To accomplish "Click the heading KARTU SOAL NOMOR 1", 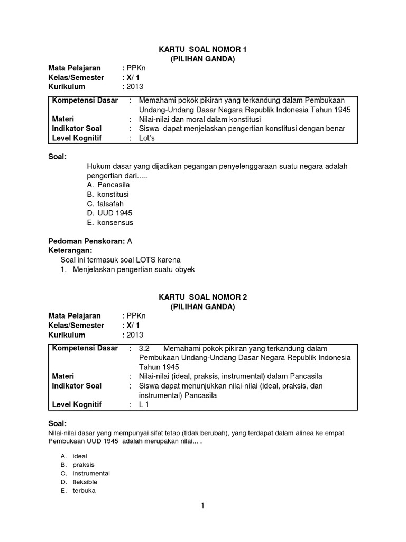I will [203, 49].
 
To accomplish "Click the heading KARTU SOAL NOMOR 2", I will [203, 297].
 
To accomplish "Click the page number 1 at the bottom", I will [202, 505].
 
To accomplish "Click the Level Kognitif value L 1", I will [144, 405].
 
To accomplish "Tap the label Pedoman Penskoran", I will [87, 241].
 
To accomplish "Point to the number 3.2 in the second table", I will [144, 348].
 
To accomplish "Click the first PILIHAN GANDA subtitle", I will [203, 59].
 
